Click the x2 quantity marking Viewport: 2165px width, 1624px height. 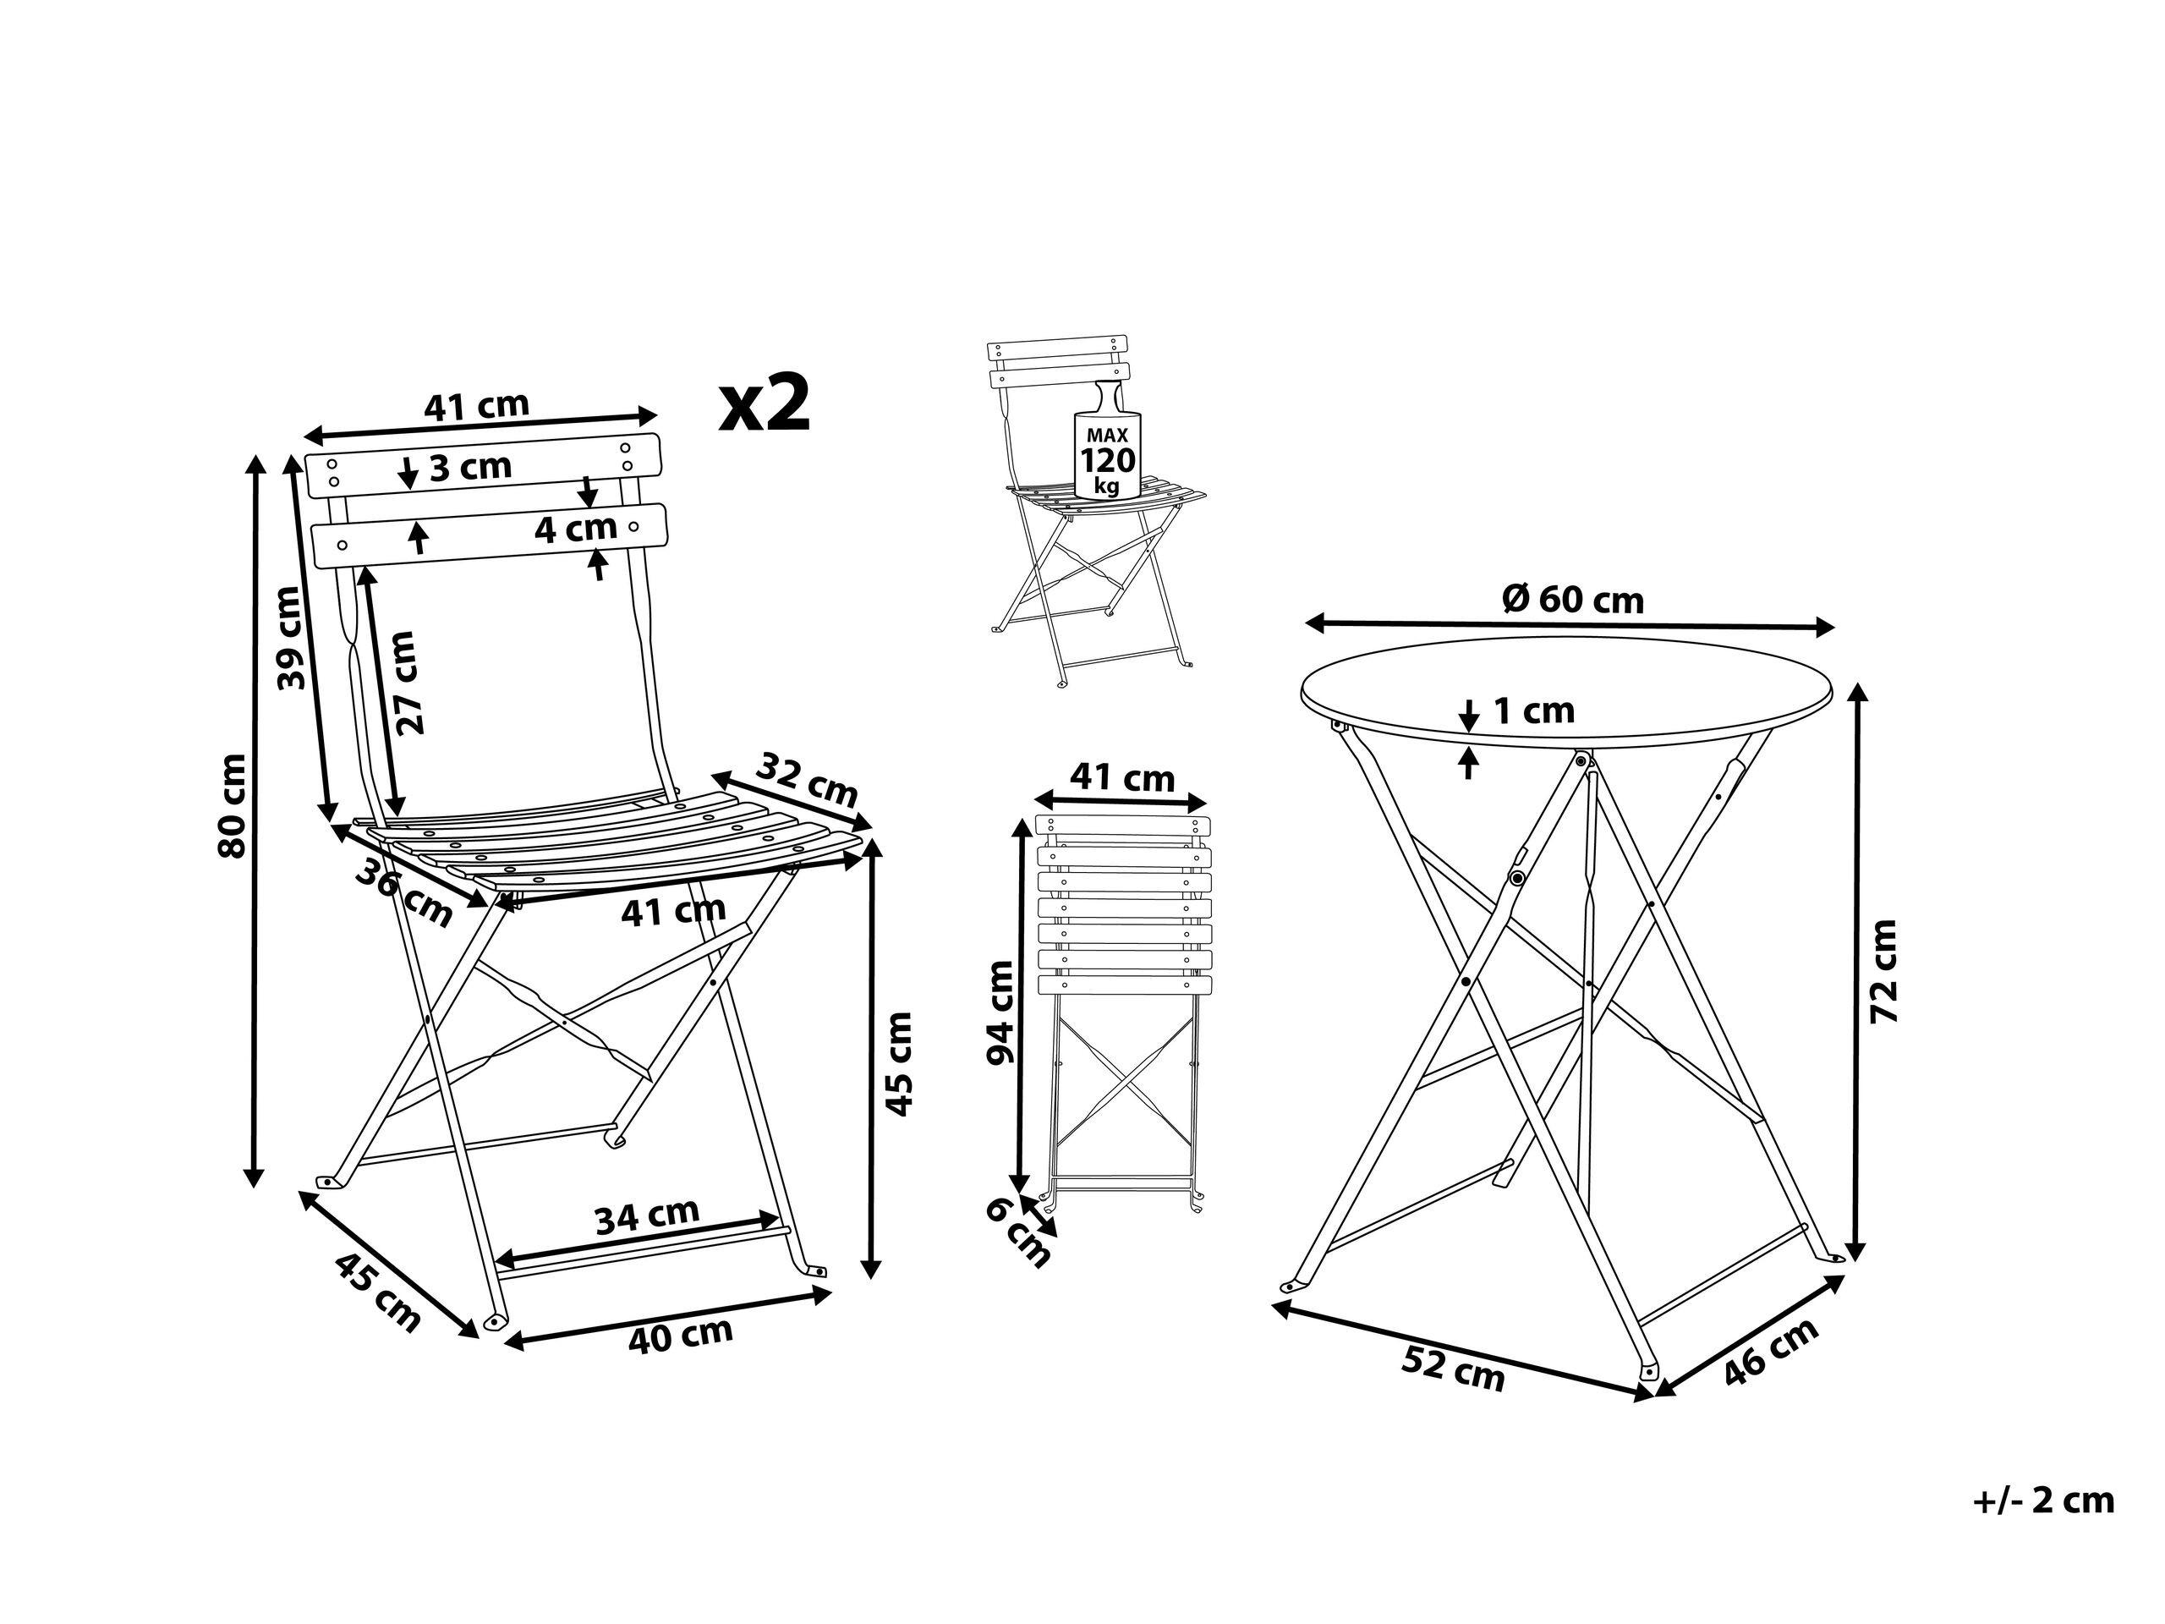click(x=765, y=404)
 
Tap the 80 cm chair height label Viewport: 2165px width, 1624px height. click(x=232, y=805)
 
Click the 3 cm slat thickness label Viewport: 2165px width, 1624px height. click(x=471, y=467)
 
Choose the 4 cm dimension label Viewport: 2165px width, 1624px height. click(x=576, y=529)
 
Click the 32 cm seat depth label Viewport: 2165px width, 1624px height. click(x=808, y=778)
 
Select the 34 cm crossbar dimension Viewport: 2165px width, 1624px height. click(x=647, y=1215)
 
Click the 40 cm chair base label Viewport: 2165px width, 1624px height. click(x=680, y=1334)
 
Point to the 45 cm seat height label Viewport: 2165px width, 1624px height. click(x=897, y=1064)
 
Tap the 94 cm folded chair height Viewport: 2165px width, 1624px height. click(x=1000, y=1012)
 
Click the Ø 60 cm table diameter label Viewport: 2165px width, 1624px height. click(x=1573, y=599)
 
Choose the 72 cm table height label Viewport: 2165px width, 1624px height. click(x=1884, y=972)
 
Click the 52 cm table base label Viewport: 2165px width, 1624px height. click(x=1454, y=1369)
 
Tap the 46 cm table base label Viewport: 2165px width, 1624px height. click(x=1771, y=1352)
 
